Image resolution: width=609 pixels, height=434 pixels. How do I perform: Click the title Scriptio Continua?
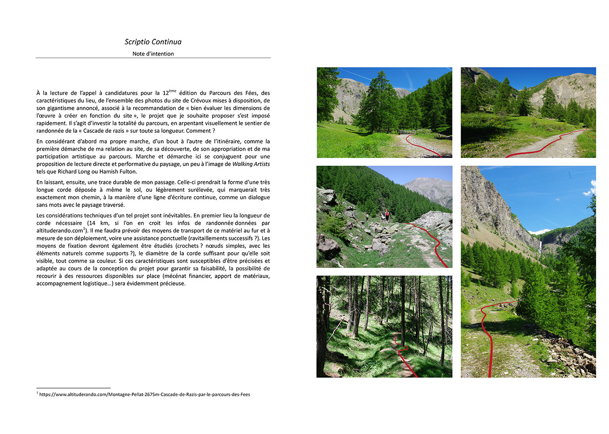(x=153, y=42)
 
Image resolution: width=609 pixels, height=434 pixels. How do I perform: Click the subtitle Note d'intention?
(x=153, y=54)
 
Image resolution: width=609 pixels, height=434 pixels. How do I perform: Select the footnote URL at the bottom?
(x=144, y=395)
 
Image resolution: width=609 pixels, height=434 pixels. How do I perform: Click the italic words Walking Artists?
(x=251, y=164)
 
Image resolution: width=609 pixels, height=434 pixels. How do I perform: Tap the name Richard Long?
(x=74, y=171)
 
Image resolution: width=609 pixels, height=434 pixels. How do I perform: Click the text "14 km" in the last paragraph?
(x=98, y=223)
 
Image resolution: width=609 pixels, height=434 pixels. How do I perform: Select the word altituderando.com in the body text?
(x=59, y=231)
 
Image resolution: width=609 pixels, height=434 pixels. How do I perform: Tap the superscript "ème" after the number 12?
(x=173, y=91)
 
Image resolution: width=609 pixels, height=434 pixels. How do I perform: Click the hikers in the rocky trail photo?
(x=385, y=215)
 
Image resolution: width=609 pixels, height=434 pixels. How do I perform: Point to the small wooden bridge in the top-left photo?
(x=407, y=131)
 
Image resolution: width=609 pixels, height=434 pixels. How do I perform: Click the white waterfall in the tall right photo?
(x=540, y=247)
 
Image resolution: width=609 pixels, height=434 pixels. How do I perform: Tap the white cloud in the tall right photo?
(x=590, y=189)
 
